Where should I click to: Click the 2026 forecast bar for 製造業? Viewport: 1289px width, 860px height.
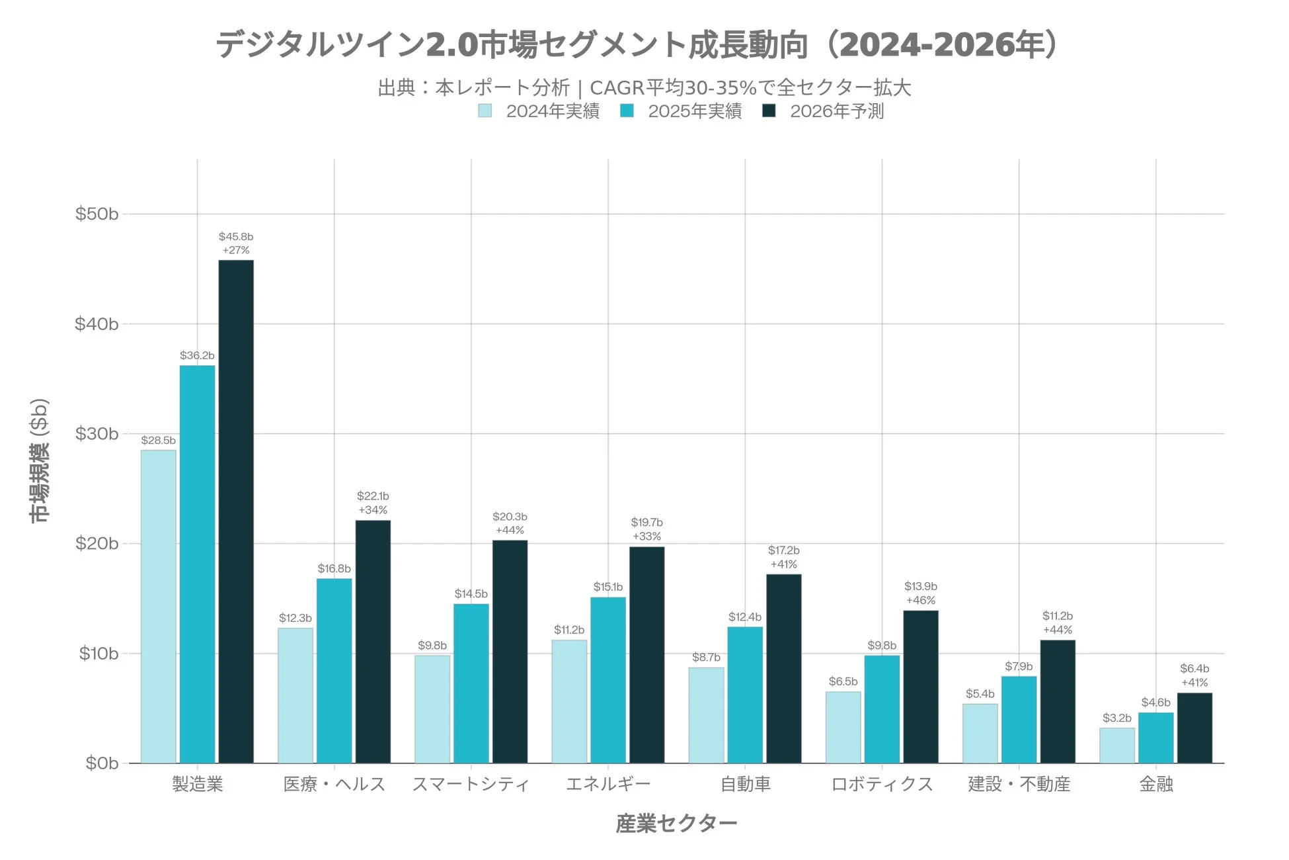(x=236, y=511)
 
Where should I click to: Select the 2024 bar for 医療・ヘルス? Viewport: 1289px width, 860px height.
(x=295, y=695)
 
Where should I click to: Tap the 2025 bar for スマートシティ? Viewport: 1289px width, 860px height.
(x=471, y=683)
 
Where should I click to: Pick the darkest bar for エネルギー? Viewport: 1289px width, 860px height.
(x=646, y=655)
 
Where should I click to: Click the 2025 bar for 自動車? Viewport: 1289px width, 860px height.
(x=745, y=695)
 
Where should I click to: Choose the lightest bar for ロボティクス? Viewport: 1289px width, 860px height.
(x=843, y=727)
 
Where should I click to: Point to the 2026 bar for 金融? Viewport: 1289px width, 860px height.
(x=1194, y=728)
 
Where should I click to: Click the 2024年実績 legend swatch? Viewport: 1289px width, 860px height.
(x=485, y=111)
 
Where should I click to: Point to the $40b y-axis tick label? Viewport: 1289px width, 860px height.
(x=97, y=324)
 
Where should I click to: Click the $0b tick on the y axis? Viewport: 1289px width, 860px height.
(x=102, y=763)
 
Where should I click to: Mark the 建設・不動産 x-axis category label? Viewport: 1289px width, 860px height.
(x=1019, y=785)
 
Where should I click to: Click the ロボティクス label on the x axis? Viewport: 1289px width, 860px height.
(x=882, y=785)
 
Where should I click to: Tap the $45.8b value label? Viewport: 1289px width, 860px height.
(x=236, y=237)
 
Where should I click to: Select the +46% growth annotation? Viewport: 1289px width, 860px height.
(x=921, y=601)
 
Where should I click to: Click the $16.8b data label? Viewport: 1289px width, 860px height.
(x=334, y=569)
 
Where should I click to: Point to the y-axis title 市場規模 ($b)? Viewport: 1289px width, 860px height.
(x=40, y=460)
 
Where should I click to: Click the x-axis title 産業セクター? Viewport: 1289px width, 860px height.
(x=676, y=824)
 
